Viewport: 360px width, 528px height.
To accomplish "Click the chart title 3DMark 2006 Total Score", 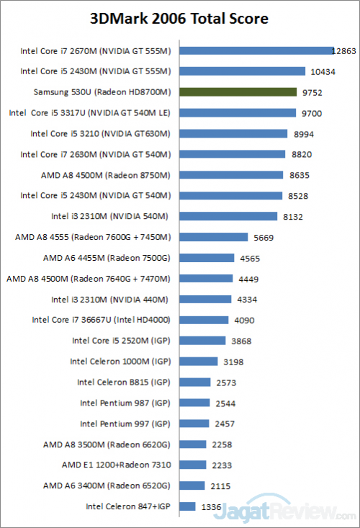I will (179, 18).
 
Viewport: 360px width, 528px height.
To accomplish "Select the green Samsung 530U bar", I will (238, 92).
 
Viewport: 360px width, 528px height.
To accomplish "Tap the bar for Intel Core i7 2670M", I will (256, 51).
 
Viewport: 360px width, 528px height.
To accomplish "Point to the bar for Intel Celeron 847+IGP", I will (187, 506).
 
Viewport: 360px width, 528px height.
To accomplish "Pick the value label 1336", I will (210, 506).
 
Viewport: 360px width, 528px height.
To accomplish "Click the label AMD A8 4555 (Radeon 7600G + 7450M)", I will (93, 237).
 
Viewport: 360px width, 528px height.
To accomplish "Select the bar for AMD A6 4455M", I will (207, 258).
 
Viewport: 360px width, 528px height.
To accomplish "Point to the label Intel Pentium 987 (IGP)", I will (125, 403).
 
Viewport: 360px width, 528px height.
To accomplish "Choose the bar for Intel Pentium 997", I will (194, 424).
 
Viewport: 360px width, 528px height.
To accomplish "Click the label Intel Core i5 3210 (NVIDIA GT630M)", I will (100, 133).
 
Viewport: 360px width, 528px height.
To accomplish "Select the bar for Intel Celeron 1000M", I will (198, 362).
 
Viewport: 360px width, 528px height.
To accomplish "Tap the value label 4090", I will (243, 321).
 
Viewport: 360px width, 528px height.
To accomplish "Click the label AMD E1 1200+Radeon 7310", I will (116, 465).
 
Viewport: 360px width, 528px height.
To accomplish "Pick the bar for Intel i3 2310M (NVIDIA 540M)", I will (228, 216).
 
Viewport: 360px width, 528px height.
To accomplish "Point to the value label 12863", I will (344, 51).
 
